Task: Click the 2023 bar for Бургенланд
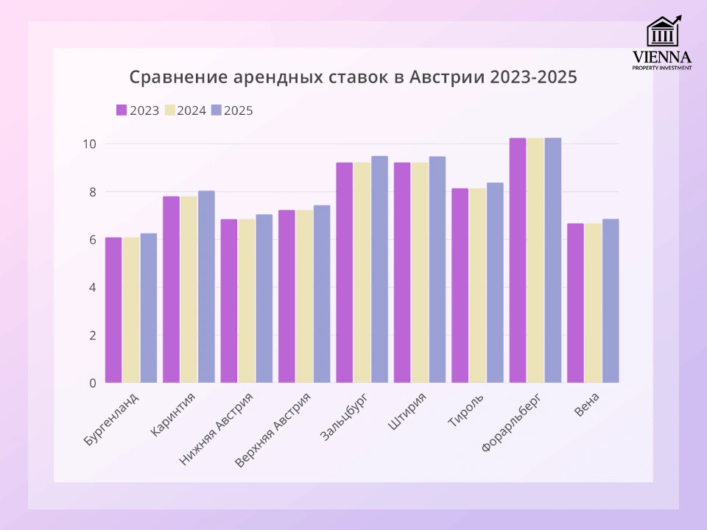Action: click(x=113, y=310)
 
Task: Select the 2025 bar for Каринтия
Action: click(x=206, y=287)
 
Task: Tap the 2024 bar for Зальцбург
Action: click(x=362, y=272)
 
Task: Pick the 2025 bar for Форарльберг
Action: click(x=552, y=261)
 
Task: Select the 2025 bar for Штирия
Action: click(x=437, y=269)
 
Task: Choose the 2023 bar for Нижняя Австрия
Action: click(x=229, y=301)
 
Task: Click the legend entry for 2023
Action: click(x=138, y=110)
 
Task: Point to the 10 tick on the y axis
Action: click(x=89, y=144)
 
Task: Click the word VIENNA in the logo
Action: click(x=662, y=57)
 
